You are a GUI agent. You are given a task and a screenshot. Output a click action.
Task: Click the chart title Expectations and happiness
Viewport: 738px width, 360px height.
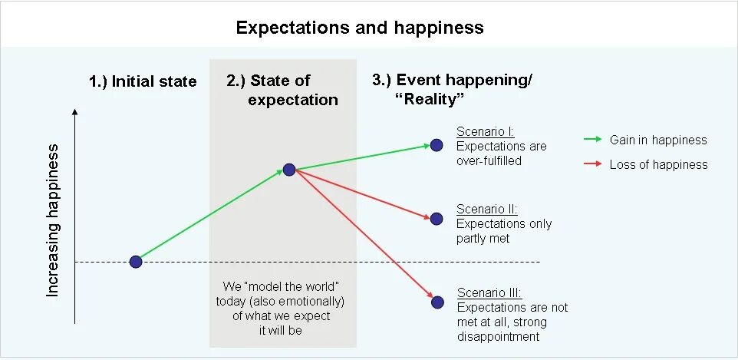click(x=360, y=28)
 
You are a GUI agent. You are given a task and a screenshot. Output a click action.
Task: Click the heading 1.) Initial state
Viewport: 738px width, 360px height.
click(x=143, y=81)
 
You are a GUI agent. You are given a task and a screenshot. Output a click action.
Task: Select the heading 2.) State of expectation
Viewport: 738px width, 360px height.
click(x=282, y=90)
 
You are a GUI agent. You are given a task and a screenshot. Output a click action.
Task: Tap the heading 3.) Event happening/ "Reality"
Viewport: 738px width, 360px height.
click(x=453, y=90)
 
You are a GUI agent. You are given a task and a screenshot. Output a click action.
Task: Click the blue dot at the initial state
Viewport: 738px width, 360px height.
click(x=136, y=262)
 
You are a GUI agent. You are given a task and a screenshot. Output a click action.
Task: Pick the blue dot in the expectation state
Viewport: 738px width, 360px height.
click(x=289, y=170)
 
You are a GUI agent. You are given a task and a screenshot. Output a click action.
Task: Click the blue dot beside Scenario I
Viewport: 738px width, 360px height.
click(x=437, y=144)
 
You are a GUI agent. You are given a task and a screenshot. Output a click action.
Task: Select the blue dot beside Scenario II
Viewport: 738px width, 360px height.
click(x=437, y=219)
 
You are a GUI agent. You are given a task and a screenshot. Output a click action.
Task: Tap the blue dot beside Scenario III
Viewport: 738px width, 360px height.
click(x=437, y=302)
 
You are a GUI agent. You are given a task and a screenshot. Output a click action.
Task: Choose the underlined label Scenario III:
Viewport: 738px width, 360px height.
click(x=489, y=292)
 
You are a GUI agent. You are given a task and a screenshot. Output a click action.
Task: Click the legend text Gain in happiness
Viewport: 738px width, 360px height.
click(x=658, y=140)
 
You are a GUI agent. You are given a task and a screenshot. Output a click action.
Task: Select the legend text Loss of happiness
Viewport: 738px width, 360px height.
click(x=658, y=164)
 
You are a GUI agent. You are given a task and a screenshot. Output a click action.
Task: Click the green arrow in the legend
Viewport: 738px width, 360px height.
click(x=593, y=140)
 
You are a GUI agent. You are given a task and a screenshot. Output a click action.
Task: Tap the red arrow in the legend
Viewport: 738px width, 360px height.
click(x=593, y=164)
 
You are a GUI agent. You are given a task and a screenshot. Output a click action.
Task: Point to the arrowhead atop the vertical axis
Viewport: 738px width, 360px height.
click(x=74, y=112)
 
